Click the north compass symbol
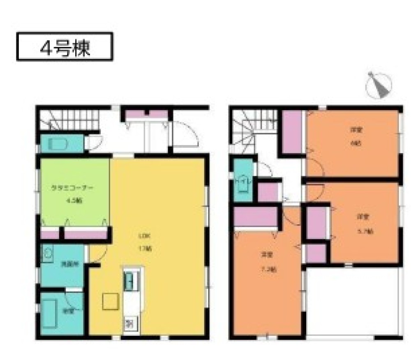379,85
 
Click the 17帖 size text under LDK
147,249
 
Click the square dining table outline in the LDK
111,302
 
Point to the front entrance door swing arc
186,133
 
